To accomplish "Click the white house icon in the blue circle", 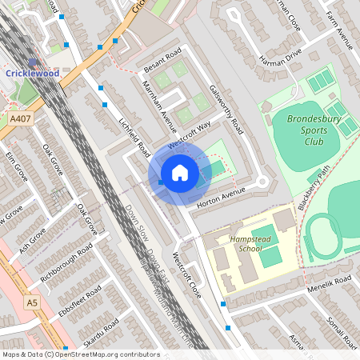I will coord(180,174).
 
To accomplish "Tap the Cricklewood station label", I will coord(32,73).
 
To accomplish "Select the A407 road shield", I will coord(21,118).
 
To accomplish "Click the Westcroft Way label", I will coord(190,134).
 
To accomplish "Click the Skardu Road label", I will coord(101,334).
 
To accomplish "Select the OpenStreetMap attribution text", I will coord(80,354).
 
